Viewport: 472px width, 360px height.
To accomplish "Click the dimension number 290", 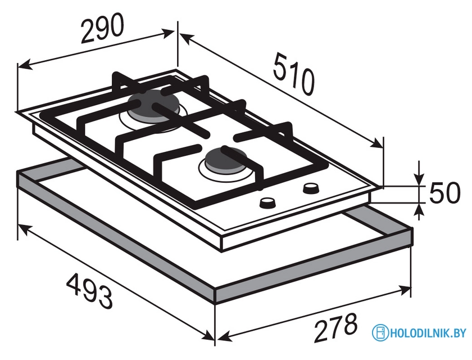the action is click(x=102, y=28).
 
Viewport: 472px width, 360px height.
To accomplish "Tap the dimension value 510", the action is click(x=294, y=74).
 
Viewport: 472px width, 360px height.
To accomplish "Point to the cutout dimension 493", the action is click(x=89, y=291).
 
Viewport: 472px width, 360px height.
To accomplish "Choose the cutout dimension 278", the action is click(x=335, y=328).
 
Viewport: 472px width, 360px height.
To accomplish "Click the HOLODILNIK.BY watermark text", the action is click(x=428, y=333).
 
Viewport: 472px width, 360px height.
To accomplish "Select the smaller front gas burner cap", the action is click(x=226, y=159).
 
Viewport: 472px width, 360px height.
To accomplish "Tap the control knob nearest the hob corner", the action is click(x=311, y=189).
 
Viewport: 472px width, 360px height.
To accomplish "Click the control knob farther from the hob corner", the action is click(x=267, y=203).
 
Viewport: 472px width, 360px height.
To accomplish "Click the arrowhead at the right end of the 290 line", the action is click(x=168, y=33).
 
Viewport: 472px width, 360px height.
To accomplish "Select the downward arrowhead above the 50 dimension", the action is click(x=419, y=178).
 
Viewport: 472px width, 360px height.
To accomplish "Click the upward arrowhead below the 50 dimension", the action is click(x=418, y=210).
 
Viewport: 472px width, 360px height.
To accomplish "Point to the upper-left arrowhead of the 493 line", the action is click(x=25, y=230).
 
